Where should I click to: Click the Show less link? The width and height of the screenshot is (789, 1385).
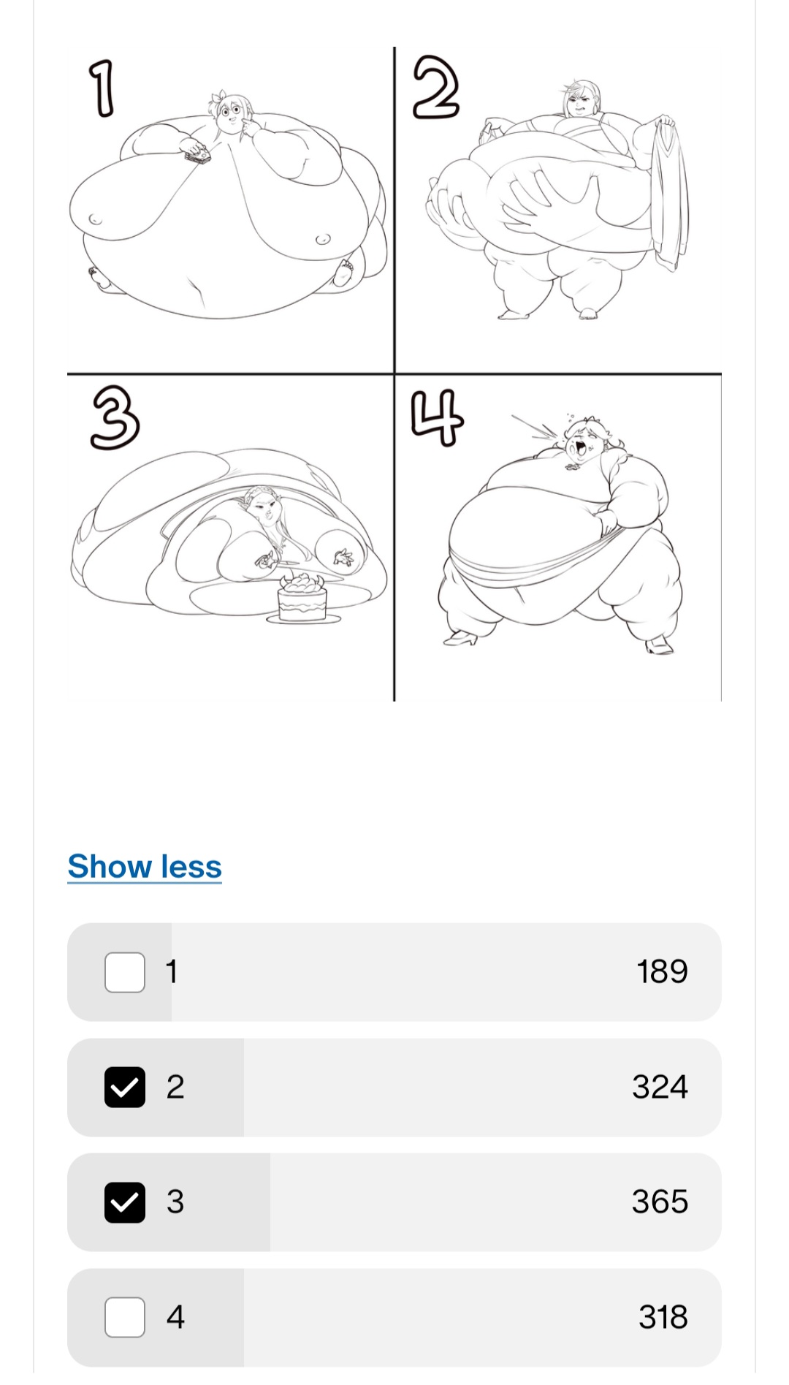pos(145,866)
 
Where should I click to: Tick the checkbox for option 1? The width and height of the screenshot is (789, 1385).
pos(125,972)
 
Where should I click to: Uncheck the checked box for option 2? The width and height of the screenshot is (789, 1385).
pos(125,1087)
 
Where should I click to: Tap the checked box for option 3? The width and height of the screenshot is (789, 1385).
pos(125,1202)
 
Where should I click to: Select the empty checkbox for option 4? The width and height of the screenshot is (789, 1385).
pos(125,1317)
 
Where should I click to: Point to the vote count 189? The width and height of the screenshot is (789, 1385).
pos(662,972)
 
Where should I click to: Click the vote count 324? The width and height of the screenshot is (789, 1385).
pos(660,1087)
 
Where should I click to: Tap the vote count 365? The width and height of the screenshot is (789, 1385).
pos(660,1202)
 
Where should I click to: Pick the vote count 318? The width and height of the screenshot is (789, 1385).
pos(663,1317)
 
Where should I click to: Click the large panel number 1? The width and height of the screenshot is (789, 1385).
pos(103,88)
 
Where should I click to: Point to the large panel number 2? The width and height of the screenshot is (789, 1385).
pos(436,88)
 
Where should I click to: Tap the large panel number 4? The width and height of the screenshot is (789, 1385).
pos(437,417)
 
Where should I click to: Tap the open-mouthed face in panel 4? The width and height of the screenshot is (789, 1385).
pos(582,442)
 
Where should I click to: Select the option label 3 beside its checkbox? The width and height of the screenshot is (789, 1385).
pos(175,1202)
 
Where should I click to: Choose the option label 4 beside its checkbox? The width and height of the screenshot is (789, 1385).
pos(175,1317)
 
